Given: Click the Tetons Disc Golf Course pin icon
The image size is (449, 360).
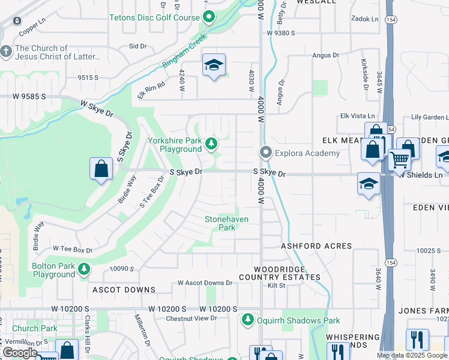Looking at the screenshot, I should (208, 17).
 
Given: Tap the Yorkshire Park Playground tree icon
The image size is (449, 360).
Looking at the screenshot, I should (211, 143).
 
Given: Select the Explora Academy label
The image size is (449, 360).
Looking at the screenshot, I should (307, 153).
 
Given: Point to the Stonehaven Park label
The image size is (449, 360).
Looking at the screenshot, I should (226, 223).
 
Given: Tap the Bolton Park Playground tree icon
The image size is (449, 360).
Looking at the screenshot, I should (84, 269).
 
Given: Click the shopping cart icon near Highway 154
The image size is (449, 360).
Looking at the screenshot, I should (399, 160).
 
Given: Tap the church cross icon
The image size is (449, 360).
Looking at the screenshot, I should (7, 52).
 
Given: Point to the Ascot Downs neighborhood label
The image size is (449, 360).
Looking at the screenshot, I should (124, 290).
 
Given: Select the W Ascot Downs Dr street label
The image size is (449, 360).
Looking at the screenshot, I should (205, 283).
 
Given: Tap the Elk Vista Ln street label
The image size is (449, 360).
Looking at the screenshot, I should (357, 116).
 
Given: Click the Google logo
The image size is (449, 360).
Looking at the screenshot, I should (20, 353).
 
